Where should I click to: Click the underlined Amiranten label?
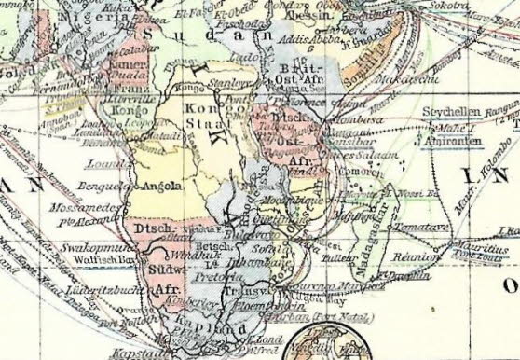point(452,132)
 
